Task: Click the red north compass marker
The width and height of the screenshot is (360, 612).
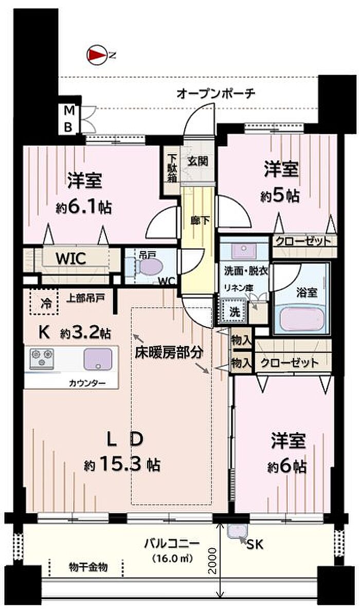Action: tap(96, 56)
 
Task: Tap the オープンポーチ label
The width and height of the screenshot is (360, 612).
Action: tap(216, 94)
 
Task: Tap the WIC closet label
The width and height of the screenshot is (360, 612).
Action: tap(71, 258)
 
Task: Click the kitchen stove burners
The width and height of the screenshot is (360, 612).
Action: tap(42, 358)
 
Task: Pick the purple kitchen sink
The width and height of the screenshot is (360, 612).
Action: tap(98, 358)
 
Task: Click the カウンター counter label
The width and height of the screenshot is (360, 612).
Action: tap(87, 383)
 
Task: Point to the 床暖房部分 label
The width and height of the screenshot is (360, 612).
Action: tap(169, 353)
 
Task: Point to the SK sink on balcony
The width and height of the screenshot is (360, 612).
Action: tap(237, 532)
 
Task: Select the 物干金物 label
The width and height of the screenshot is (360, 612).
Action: tap(88, 567)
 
